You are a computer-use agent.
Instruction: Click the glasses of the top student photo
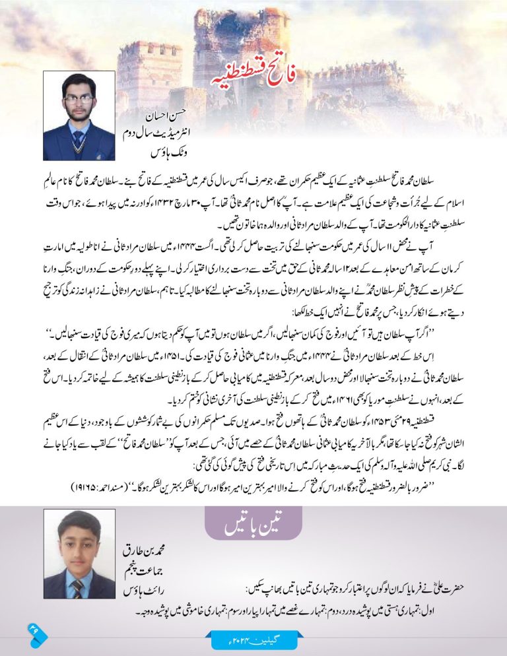tap(79, 100)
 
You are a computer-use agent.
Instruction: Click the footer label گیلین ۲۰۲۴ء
tap(253, 641)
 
